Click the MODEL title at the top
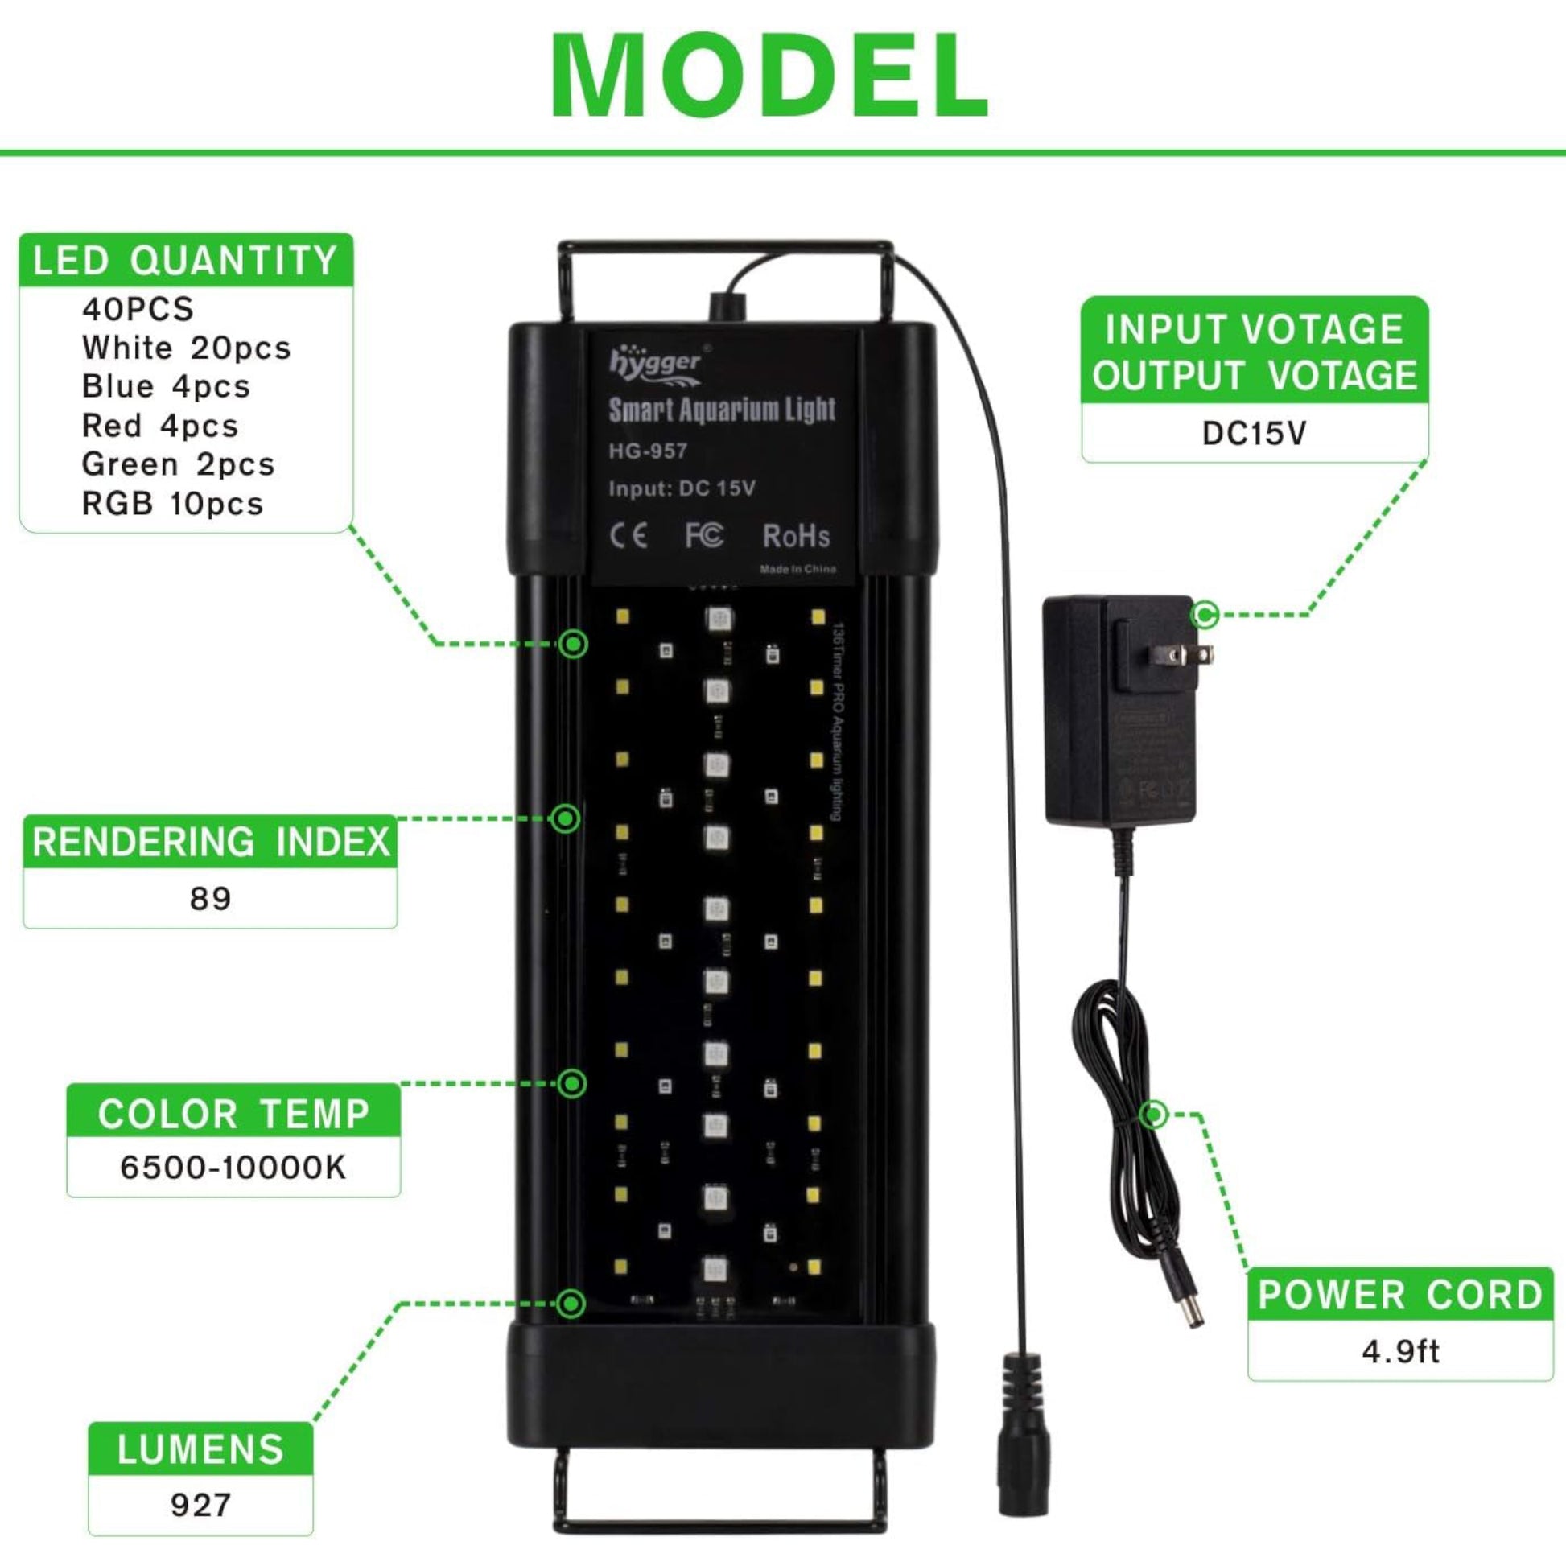pos(770,77)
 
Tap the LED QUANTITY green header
pos(186,261)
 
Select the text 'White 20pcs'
pos(186,348)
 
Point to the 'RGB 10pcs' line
pos(173,504)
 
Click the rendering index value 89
pos(210,898)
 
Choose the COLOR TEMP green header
pos(233,1115)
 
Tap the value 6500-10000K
pos(233,1168)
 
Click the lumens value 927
pos(200,1505)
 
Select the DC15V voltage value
pos(1254,434)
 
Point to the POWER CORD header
pos(1400,1295)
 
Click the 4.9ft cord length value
pos(1400,1351)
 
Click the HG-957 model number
pos(648,451)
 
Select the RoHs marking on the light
pos(796,536)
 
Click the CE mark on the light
pos(628,536)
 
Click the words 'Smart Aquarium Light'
pos(721,410)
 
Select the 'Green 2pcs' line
pos(179,464)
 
